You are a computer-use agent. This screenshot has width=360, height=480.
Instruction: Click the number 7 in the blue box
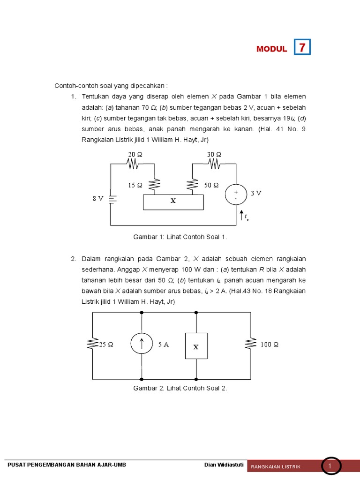(302, 48)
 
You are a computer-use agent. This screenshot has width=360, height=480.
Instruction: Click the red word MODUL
(272, 49)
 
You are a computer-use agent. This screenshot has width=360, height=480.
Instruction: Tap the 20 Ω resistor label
(135, 155)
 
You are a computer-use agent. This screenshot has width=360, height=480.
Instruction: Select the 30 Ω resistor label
(214, 155)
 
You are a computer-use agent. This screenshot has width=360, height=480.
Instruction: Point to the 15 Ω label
(135, 185)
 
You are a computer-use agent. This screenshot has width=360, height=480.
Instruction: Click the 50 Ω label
(211, 185)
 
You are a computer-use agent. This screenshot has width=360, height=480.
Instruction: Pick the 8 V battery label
(97, 198)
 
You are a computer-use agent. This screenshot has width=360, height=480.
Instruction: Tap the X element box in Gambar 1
(173, 202)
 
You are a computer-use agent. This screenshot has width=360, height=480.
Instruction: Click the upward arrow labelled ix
(240, 217)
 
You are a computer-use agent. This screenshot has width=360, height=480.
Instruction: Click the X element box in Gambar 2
(196, 346)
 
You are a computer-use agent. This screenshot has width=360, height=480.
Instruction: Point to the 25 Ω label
(106, 345)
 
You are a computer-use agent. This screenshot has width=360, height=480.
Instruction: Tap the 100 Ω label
(270, 345)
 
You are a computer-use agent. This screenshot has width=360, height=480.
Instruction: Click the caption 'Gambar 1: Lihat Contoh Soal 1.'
(180, 237)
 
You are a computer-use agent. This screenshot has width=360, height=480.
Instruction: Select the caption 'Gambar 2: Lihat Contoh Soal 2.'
(180, 389)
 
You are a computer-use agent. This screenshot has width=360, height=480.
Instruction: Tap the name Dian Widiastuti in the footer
(224, 465)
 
